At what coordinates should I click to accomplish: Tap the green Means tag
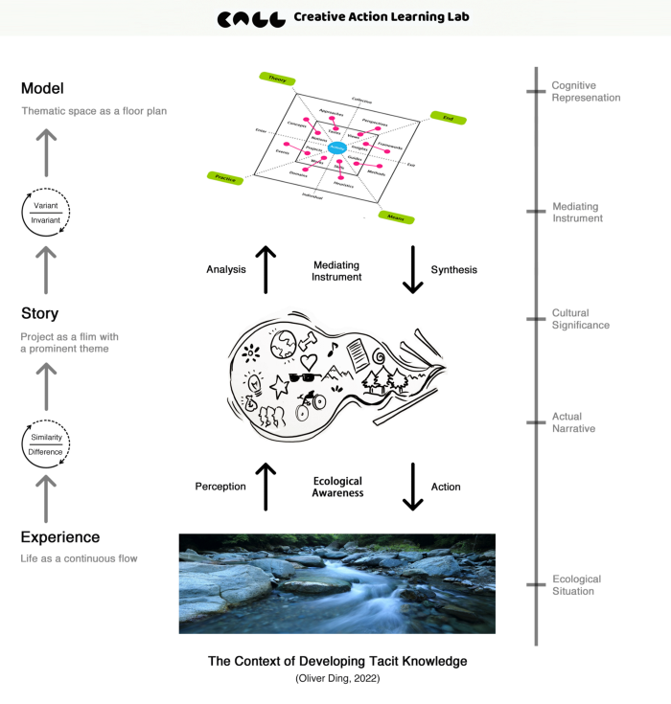point(395,218)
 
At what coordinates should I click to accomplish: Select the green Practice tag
point(226,177)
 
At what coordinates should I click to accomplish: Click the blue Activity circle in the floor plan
point(336,148)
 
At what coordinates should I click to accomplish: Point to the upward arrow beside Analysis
point(266,270)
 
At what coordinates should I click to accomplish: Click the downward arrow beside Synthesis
point(413,270)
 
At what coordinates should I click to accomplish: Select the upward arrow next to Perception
point(266,487)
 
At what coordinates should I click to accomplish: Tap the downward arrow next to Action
point(413,487)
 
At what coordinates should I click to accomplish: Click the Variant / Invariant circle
point(46,213)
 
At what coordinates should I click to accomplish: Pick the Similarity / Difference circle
point(46,443)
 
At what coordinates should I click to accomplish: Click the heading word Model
point(42,89)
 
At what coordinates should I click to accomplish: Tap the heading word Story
point(39,313)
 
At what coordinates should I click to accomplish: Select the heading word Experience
point(60,537)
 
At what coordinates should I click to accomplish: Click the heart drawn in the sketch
point(308,361)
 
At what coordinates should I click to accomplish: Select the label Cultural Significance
point(580,319)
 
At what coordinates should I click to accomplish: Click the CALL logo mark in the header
point(251,18)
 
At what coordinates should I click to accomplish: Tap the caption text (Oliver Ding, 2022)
point(336,679)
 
